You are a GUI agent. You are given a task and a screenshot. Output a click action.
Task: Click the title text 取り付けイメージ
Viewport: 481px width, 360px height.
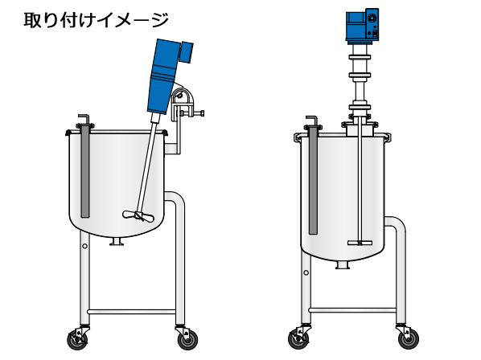point(96,20)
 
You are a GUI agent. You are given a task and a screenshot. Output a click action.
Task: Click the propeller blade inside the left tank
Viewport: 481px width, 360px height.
point(138,215)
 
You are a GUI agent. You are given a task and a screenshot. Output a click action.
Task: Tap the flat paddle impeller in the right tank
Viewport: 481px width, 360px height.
point(360,243)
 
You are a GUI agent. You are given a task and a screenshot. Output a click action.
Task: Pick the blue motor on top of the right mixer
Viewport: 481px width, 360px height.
point(362,26)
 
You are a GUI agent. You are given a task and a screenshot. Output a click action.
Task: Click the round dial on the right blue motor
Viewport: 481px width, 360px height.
point(372,18)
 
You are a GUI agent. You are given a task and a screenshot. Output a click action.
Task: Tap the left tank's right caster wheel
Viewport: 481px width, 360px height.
point(187,339)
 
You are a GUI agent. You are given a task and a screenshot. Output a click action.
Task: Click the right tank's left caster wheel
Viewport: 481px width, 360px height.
point(298,338)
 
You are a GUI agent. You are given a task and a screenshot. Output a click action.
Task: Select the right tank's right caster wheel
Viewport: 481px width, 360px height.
point(409,338)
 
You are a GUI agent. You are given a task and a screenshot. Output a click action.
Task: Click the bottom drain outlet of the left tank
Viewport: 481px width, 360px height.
point(117,242)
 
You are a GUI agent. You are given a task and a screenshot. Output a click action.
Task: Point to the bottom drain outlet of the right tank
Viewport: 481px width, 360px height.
point(343,265)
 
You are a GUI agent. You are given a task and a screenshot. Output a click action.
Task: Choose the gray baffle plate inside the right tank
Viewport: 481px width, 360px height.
point(313,181)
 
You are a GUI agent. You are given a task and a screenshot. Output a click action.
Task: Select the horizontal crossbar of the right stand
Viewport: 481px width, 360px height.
point(352,310)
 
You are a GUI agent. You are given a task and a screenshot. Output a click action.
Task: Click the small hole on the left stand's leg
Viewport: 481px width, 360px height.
point(85,246)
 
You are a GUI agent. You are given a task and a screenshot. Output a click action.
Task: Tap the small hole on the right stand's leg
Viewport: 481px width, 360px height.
point(306,272)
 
